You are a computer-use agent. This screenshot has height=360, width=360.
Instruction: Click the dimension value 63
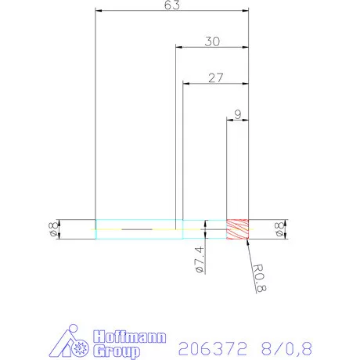171,5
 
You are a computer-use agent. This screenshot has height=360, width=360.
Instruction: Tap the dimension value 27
216,77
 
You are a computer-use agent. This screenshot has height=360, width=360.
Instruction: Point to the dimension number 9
237,113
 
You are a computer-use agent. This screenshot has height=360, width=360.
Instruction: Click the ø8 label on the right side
279,229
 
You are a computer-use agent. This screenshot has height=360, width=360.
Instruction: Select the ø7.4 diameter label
199,259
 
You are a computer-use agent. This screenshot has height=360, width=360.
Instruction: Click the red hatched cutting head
237,229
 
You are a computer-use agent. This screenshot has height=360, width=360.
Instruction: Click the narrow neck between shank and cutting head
204,229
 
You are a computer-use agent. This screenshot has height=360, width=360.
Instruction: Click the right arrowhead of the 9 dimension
246,120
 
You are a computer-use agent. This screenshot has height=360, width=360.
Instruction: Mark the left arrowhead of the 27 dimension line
185,84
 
